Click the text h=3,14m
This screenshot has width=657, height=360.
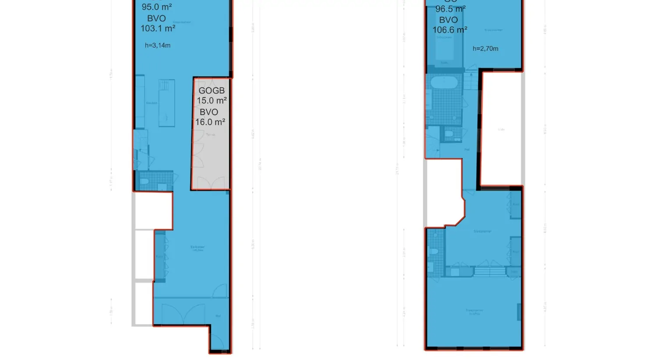click(x=158, y=46)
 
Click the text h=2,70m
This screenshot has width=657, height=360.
click(x=485, y=49)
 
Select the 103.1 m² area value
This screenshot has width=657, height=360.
click(x=158, y=28)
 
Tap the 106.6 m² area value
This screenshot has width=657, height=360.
click(x=449, y=30)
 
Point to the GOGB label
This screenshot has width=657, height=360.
click(x=212, y=91)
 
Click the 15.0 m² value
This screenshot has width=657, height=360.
click(x=212, y=101)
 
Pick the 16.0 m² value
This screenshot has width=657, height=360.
click(x=210, y=122)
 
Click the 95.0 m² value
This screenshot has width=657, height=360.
click(x=157, y=7)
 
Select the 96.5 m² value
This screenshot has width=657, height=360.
click(x=450, y=9)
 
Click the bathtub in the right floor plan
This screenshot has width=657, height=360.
click(x=444, y=82)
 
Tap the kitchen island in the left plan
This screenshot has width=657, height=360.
click(x=166, y=103)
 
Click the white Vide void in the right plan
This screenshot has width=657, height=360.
click(x=501, y=129)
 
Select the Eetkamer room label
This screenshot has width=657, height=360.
click(x=198, y=247)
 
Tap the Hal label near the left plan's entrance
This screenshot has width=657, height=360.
click(x=218, y=316)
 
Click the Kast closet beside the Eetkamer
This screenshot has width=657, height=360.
click(x=159, y=256)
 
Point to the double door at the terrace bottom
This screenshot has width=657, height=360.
click(x=211, y=184)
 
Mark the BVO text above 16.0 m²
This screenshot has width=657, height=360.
click(x=209, y=112)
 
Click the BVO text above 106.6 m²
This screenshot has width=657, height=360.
click(x=449, y=20)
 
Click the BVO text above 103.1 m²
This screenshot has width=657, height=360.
click(x=156, y=18)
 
